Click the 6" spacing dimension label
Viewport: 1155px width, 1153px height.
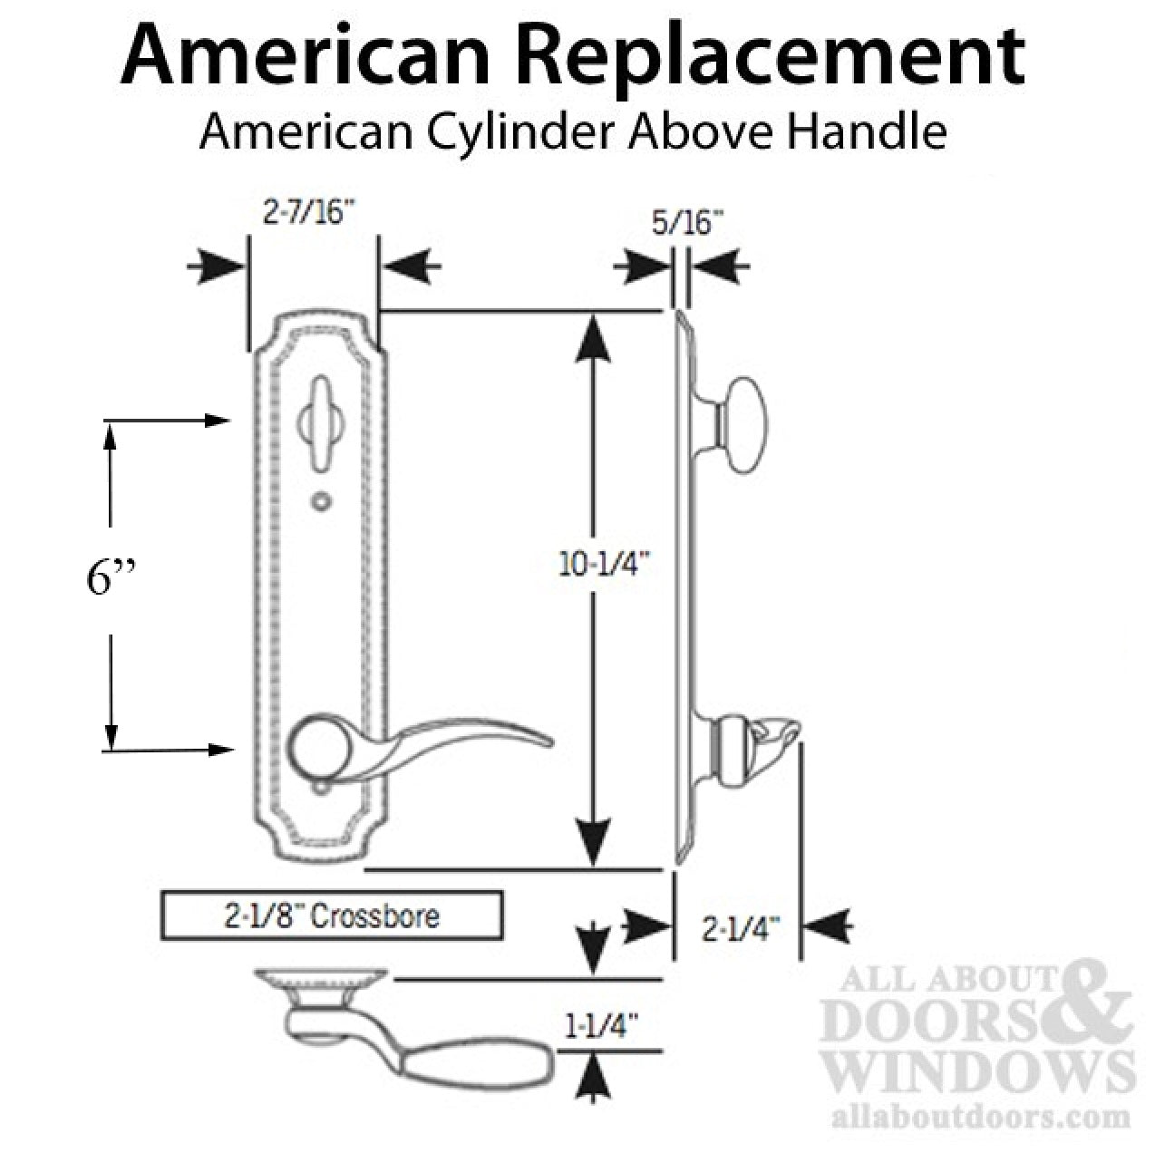(x=112, y=579)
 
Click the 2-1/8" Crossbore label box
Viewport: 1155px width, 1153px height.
(x=332, y=916)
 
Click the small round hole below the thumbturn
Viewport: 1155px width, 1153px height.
(x=318, y=499)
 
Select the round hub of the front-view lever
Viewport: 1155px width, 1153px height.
(x=314, y=751)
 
